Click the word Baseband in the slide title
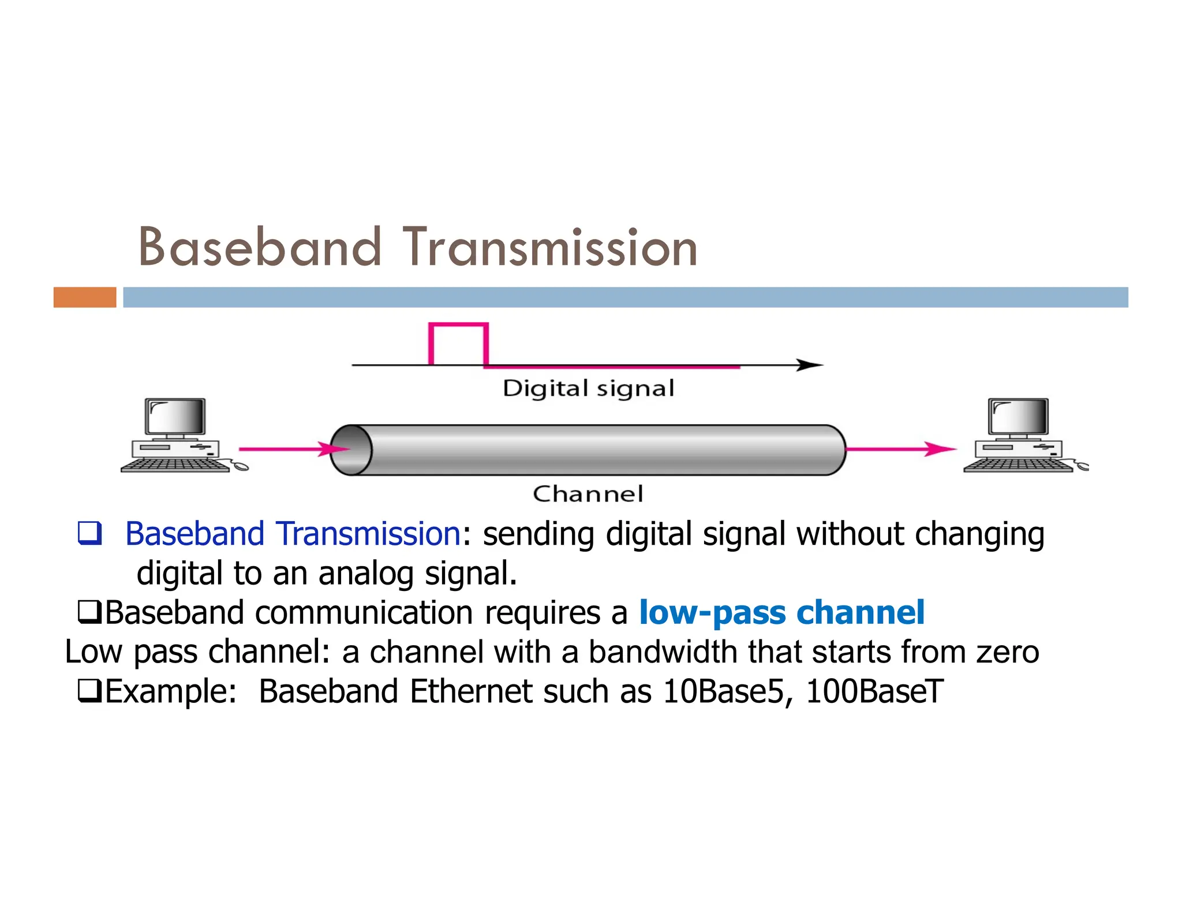pyautogui.click(x=260, y=248)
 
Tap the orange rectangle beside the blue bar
pyautogui.click(x=85, y=297)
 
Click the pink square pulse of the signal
pyautogui.click(x=458, y=344)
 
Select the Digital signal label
pyautogui.click(x=588, y=388)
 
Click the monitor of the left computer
pyautogui.click(x=175, y=416)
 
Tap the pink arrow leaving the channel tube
pyautogui.click(x=900, y=448)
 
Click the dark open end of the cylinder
pyautogui.click(x=351, y=450)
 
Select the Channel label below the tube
pyautogui.click(x=588, y=494)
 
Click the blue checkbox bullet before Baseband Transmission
pyautogui.click(x=90, y=533)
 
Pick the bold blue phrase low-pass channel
pyautogui.click(x=781, y=612)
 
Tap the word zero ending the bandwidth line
pyautogui.click(x=1008, y=652)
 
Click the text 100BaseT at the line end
pyautogui.click(x=874, y=691)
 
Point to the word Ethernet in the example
pyautogui.click(x=470, y=691)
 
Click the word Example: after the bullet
pyautogui.click(x=171, y=691)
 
